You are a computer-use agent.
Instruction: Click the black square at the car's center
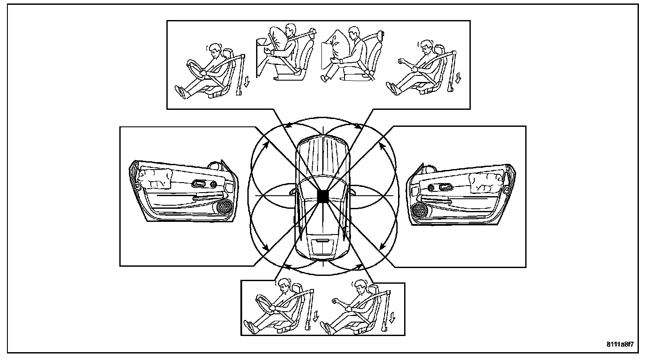click(x=323, y=197)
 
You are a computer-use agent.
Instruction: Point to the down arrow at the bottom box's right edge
click(x=392, y=318)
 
